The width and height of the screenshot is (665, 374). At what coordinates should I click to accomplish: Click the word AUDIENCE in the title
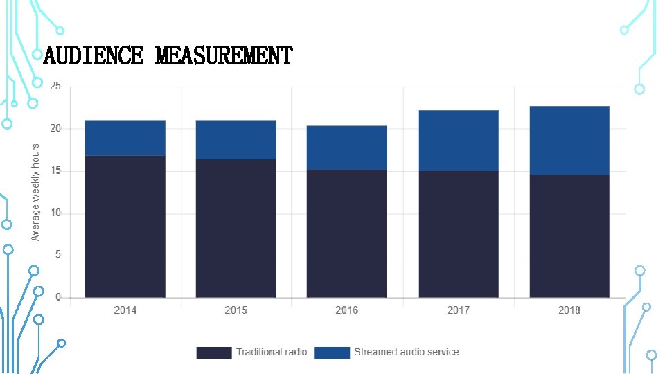pos(93,55)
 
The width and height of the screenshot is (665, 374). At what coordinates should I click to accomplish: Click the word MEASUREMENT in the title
pos(224,55)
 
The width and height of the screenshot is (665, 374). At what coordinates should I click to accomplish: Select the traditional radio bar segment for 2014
pos(125,226)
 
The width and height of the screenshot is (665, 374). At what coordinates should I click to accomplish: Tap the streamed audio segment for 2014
pos(125,138)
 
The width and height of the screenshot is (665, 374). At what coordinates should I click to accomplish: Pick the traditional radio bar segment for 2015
pos(236,229)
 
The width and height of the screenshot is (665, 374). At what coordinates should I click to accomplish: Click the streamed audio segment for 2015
pos(236,140)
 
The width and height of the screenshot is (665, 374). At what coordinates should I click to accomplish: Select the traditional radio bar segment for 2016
pos(347,233)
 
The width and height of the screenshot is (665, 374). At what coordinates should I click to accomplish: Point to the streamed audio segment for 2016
pos(347,148)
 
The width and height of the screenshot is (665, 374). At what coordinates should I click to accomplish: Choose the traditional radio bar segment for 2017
pos(459,234)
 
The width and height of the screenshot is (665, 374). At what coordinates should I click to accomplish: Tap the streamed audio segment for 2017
pos(459,141)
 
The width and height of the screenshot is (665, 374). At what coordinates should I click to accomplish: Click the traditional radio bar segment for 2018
pos(569,236)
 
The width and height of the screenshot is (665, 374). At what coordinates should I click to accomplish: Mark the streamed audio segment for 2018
pos(569,140)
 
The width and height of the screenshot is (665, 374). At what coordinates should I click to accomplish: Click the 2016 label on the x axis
pos(347,310)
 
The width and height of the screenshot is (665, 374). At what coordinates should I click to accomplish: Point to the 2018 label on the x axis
pos(569,310)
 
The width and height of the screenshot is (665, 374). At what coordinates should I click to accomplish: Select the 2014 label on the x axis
pos(125,310)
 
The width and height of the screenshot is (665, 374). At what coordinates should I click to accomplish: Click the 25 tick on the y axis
pos(55,87)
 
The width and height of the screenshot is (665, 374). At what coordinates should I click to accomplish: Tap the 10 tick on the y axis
pos(55,213)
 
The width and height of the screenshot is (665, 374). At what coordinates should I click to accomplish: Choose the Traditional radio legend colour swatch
pos(214,353)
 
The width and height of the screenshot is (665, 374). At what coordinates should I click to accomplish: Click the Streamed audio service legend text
pos(406,352)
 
